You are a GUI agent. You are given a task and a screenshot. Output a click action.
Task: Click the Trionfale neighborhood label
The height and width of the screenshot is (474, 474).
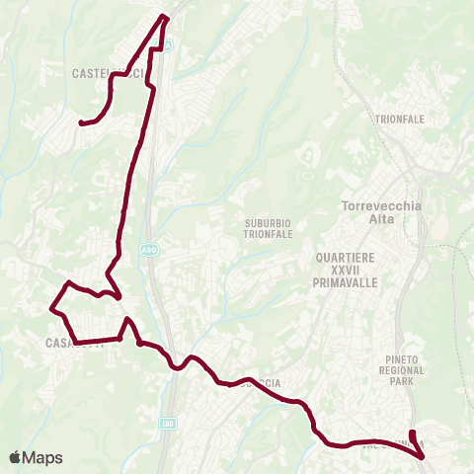click(x=399, y=119)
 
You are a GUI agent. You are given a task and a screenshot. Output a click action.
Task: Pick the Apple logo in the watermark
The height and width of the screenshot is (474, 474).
click(x=15, y=457)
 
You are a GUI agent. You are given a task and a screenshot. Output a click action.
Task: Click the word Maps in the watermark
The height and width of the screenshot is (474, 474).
click(x=42, y=457)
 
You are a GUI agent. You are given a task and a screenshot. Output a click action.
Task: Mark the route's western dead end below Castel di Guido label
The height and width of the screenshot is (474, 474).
click(x=80, y=122)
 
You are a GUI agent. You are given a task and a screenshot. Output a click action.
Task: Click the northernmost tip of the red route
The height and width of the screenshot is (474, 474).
click(x=165, y=16)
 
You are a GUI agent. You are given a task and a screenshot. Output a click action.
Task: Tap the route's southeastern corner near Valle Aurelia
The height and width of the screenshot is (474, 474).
click(x=423, y=457)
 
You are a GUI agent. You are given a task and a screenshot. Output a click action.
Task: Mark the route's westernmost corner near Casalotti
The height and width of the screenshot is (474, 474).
click(x=50, y=308)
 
